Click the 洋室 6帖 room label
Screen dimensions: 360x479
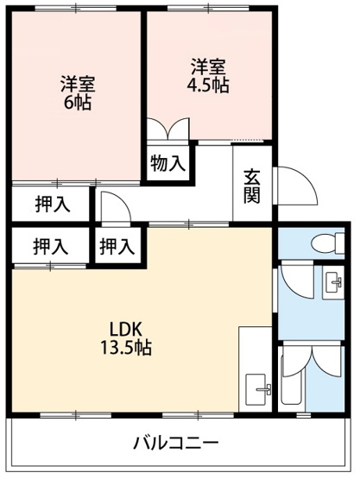click(78, 92)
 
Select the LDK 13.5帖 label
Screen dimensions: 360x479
click(126, 338)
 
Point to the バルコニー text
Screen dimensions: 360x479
click(176, 443)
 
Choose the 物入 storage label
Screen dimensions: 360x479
click(167, 163)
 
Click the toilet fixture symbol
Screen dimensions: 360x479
click(327, 243)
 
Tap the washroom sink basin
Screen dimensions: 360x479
click(333, 282)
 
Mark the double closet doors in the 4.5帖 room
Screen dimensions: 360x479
click(167, 129)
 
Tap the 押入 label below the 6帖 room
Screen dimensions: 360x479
click(53, 205)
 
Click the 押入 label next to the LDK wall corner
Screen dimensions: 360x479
click(117, 247)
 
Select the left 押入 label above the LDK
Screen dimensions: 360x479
click(51, 247)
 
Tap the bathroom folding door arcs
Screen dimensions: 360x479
click(312, 362)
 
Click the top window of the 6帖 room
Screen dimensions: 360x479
click(76, 9)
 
